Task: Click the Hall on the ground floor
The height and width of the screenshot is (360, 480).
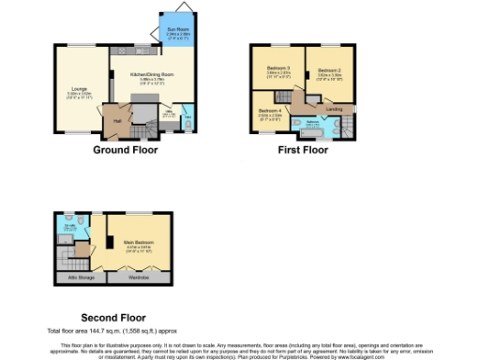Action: [119, 121]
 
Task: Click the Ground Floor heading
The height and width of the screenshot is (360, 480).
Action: [125, 150]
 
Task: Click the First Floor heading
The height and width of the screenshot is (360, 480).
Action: [302, 150]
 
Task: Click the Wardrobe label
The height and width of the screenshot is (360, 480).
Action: [138, 277]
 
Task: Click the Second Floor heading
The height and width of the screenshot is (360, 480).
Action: [112, 318]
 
